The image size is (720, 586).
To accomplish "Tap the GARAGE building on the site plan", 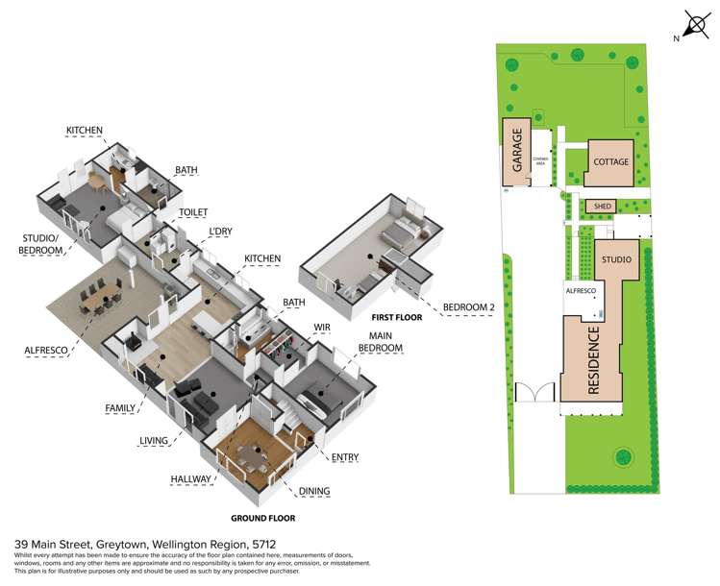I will point(517,153).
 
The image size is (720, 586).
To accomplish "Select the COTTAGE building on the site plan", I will point(610,161).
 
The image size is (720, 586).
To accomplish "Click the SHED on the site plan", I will point(602,206).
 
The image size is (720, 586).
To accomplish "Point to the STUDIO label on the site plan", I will point(615,260).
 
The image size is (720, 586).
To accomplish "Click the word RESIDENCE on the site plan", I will point(593,361).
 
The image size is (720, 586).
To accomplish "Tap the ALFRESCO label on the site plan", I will point(581,289).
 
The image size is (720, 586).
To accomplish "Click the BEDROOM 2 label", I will point(467,307).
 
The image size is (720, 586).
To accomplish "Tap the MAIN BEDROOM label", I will point(381,341).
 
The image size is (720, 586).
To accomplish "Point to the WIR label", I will point(322,327).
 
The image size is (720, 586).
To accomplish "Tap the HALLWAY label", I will point(191,477).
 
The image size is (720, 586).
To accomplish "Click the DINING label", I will point(313,491).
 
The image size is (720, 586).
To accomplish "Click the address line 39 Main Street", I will point(134,543).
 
